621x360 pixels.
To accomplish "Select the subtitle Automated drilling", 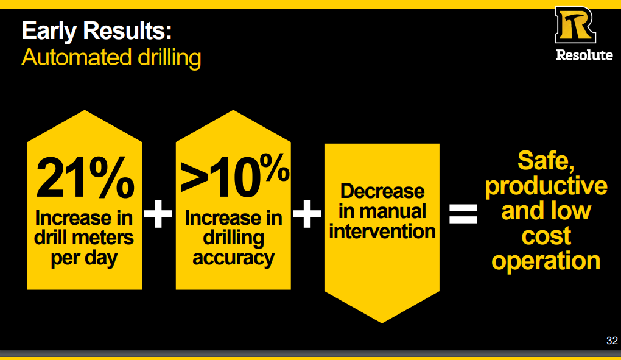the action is pos(111,57).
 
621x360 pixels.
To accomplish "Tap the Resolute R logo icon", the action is pos(575,25).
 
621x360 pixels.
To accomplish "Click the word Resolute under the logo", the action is pos(584,55).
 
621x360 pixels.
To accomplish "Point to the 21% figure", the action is pos(85,177).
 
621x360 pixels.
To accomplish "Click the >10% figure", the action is pos(234,175).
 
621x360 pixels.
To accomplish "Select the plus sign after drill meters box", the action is pos(158,214).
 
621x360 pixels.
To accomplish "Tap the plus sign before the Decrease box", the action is pos(307,214).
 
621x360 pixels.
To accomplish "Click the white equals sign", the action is pos(463,214).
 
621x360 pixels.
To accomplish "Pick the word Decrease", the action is pos(382,191).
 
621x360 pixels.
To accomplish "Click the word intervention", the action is pos(382,231).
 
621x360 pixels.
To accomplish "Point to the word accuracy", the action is pos(233,258).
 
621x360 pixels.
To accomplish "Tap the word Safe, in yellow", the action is pos(546,161).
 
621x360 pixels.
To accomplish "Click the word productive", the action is pos(546,186).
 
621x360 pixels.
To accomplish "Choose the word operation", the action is pos(546,261).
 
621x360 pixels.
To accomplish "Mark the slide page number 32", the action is pos(612,341).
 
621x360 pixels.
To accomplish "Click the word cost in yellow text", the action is pos(546,236).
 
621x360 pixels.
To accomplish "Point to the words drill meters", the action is pos(84,237).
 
